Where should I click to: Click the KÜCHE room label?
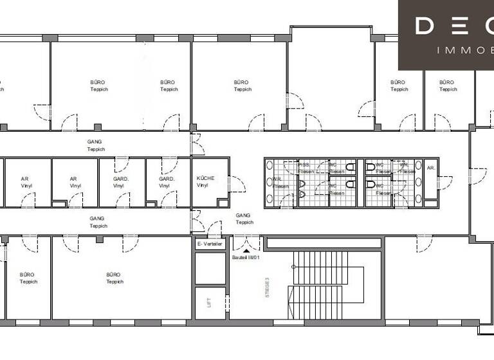(x=206, y=181)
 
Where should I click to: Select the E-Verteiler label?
(x=210, y=244)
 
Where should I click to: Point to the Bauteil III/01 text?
(x=245, y=258)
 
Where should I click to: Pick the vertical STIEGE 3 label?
(x=266, y=286)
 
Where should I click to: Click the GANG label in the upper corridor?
(x=95, y=145)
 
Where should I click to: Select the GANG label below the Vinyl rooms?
(x=98, y=222)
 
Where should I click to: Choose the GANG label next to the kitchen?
(x=244, y=219)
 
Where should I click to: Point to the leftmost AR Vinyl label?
(x=25, y=182)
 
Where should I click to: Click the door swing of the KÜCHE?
(x=237, y=185)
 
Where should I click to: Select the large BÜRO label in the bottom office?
(x=113, y=278)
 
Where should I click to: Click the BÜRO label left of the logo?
(x=398, y=85)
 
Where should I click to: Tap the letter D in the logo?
(x=426, y=26)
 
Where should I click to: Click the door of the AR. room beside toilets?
(x=444, y=183)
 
